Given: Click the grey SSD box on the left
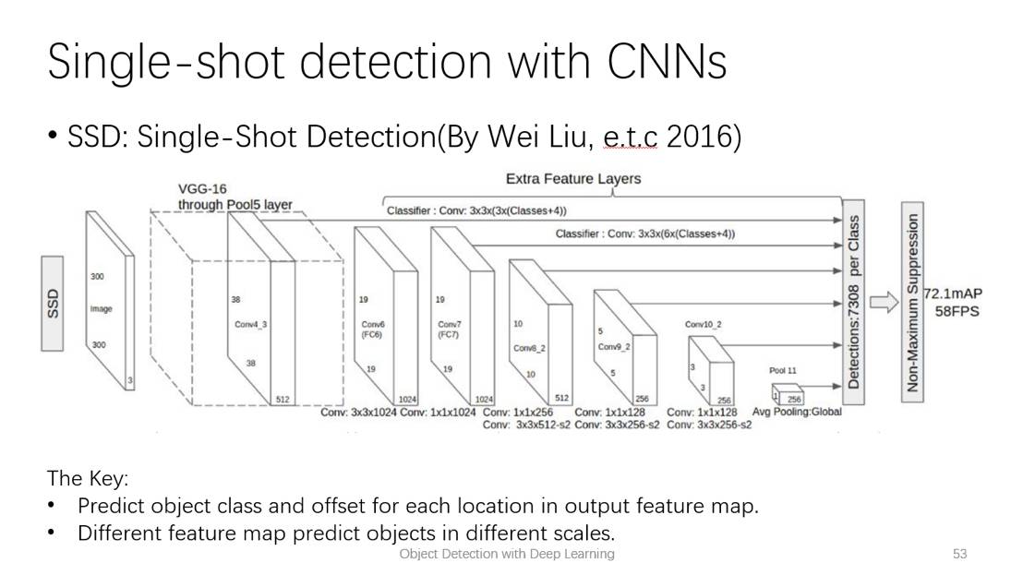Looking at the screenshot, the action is [53, 304].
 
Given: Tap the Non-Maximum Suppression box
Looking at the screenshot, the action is [913, 303].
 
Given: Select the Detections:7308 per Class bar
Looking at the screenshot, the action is [853, 303].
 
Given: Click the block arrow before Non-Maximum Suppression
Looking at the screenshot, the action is [884, 303].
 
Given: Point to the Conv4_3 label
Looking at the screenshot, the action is [251, 324].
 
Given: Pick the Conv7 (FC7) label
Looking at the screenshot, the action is [449, 329].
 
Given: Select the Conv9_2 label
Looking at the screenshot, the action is [613, 347].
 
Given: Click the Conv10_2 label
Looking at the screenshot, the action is [704, 325].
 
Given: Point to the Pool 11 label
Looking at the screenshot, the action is [782, 370].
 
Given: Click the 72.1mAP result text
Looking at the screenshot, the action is [953, 293].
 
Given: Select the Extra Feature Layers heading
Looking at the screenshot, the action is [572, 178].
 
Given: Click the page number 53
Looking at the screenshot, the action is [959, 554].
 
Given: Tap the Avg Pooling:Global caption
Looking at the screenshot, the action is [796, 412].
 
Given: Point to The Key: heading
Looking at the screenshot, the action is [88, 479].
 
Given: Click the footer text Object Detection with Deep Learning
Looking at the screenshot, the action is [506, 554].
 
